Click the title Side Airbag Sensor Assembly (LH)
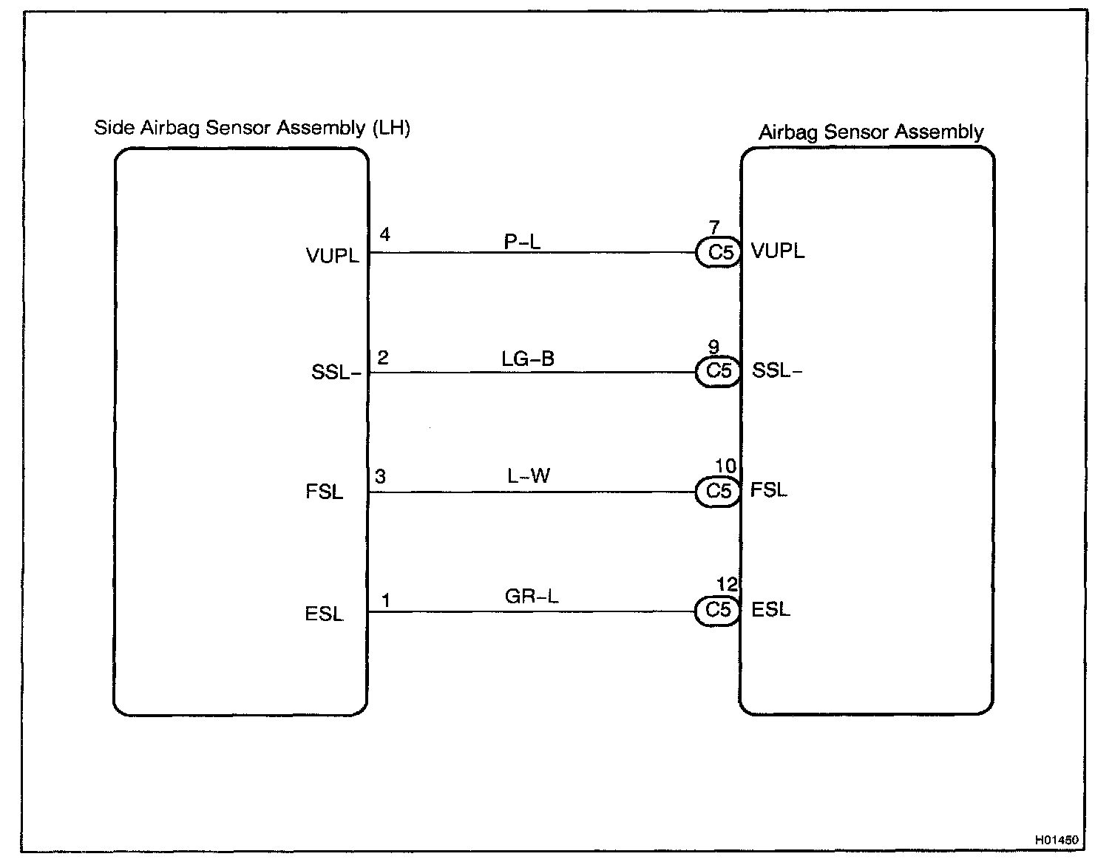click(x=252, y=128)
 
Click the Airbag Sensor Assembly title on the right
click(x=871, y=132)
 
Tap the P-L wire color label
click(x=522, y=241)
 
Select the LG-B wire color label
click(x=527, y=359)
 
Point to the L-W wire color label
click(x=529, y=476)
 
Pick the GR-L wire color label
click(x=532, y=596)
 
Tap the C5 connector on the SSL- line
click(x=719, y=371)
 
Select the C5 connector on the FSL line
click(x=719, y=492)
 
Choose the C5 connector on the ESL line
click(x=718, y=611)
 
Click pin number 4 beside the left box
click(x=384, y=235)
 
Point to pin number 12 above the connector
click(x=727, y=585)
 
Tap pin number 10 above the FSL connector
click(x=725, y=466)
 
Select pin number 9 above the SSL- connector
click(x=713, y=347)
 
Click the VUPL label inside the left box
click(x=332, y=256)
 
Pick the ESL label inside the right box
click(x=770, y=610)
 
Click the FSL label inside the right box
click(x=769, y=490)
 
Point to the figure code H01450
click(x=1057, y=841)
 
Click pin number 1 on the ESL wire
click(x=385, y=600)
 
